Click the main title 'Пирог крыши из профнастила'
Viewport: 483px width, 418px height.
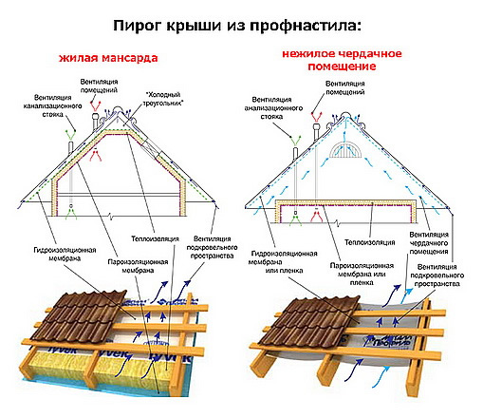point(242,22)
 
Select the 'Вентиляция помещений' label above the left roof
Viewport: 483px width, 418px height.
point(101,87)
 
